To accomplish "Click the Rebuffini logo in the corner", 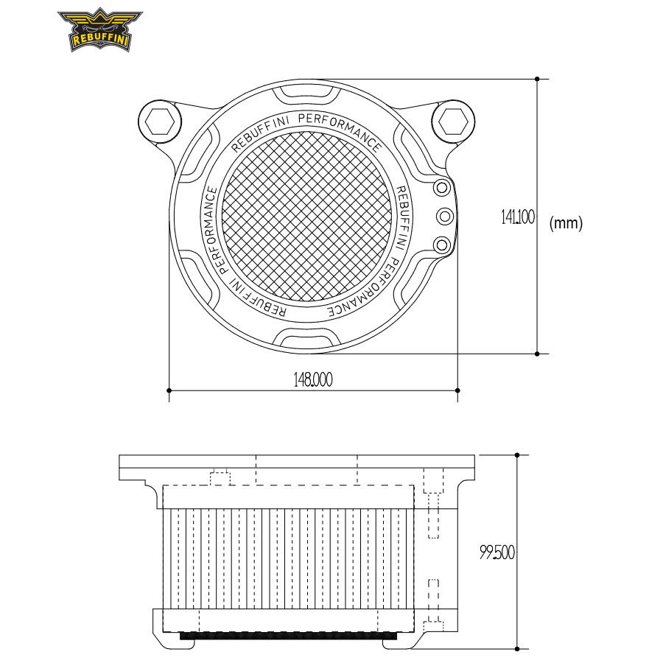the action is [100, 29].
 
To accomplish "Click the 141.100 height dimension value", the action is [518, 217].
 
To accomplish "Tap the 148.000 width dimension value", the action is [313, 379].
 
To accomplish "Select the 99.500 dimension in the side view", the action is [497, 552].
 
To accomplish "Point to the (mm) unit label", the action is [566, 222].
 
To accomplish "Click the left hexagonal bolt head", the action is [159, 122].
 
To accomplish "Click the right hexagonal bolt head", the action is [453, 121].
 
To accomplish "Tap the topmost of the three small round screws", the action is [442, 187].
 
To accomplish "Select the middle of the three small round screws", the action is [445, 217].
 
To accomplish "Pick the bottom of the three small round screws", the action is [442, 245].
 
